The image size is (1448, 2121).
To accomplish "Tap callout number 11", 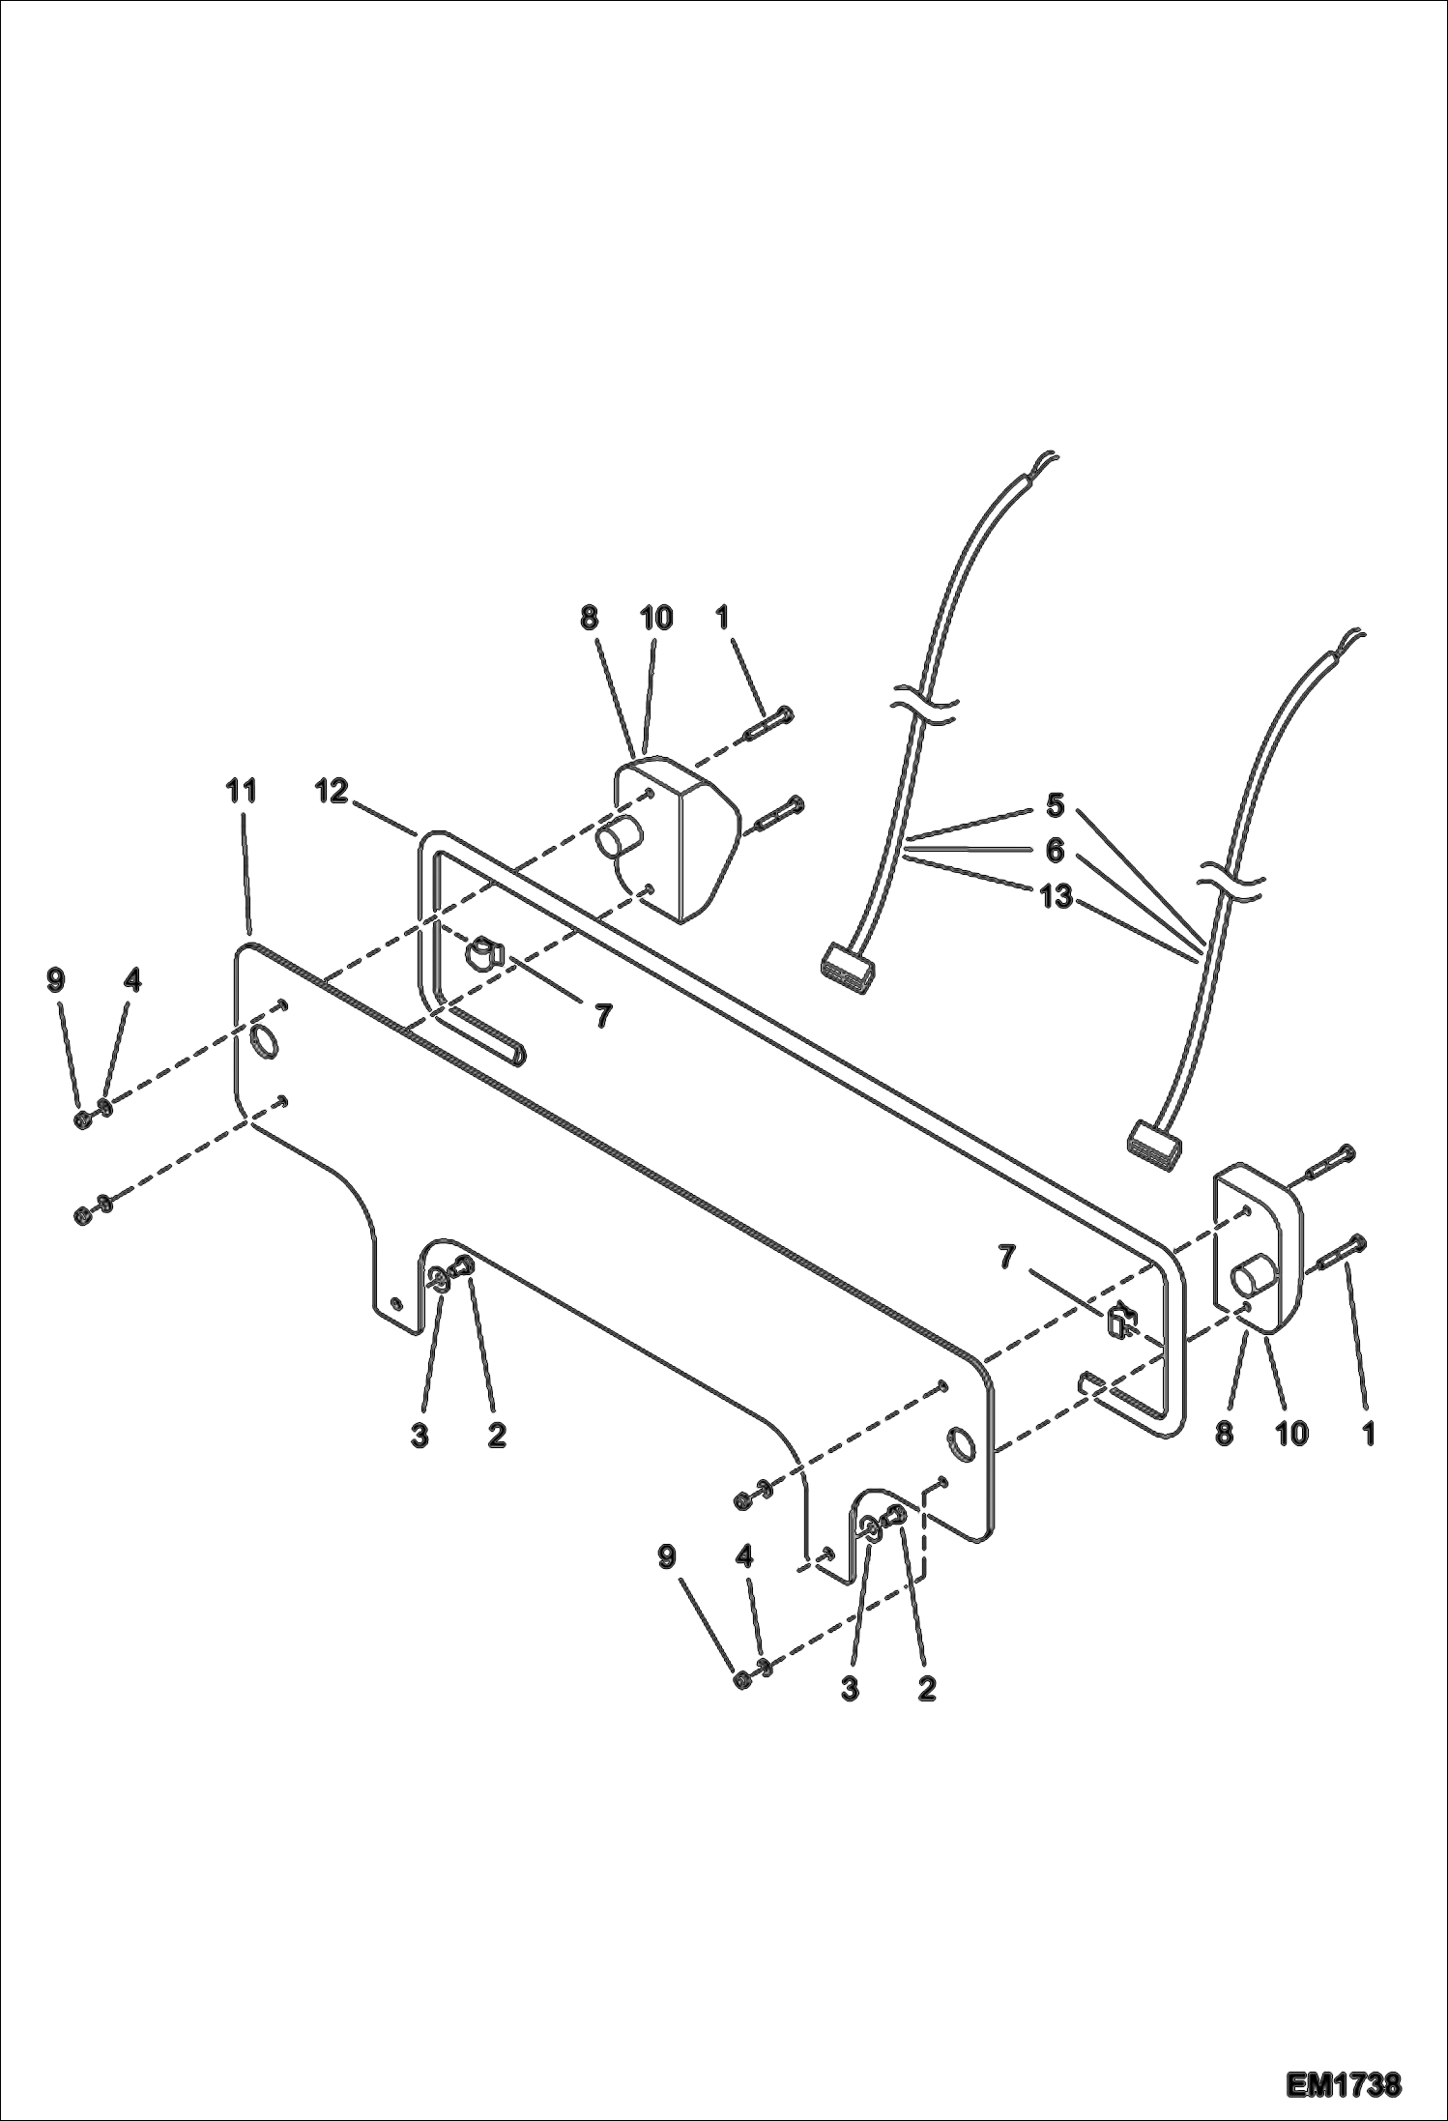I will click(x=242, y=791).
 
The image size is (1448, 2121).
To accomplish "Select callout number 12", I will click(x=331, y=791).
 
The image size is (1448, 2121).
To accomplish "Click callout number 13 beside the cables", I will click(x=1056, y=898).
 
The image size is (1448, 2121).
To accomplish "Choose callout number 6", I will click(x=1056, y=851).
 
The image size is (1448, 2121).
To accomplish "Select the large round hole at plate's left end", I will click(x=264, y=1042).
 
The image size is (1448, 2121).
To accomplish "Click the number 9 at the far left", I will click(x=56, y=980).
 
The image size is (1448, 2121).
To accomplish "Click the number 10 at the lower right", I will click(x=1291, y=1434).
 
